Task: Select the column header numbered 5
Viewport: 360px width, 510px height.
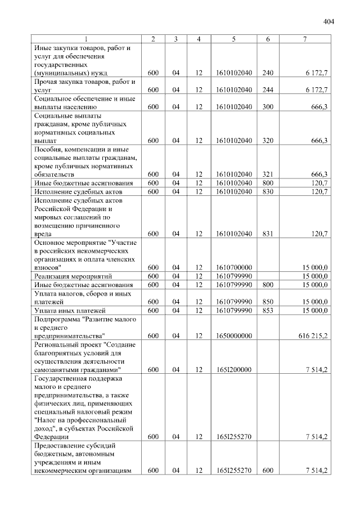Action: coord(233,39)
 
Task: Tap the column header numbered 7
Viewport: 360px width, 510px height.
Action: coord(304,39)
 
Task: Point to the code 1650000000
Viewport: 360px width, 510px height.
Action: coord(233,335)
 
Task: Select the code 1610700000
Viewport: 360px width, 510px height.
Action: coord(233,267)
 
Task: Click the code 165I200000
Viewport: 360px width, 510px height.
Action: coord(233,369)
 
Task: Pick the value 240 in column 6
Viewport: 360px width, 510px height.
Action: coord(267,73)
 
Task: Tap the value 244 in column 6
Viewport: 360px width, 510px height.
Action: coord(267,90)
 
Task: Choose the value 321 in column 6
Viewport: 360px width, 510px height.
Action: coord(267,174)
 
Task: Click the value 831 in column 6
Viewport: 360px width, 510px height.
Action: coord(267,233)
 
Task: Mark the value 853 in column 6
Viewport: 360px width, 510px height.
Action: coord(267,310)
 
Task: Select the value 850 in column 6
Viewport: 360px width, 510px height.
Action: coord(267,302)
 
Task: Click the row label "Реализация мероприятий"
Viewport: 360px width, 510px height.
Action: coord(73,276)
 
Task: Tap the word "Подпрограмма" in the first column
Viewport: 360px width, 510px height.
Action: coord(57,319)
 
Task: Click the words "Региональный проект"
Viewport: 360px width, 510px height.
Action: coord(69,345)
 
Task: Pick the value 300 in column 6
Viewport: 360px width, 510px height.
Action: coord(267,106)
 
